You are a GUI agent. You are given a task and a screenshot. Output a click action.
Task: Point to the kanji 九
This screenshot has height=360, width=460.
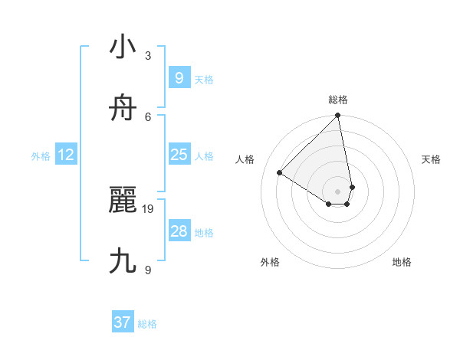(x=123, y=261)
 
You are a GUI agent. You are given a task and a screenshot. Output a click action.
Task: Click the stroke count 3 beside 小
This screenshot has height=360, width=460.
(x=148, y=56)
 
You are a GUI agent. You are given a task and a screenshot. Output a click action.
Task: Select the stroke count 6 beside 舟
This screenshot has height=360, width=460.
(x=148, y=116)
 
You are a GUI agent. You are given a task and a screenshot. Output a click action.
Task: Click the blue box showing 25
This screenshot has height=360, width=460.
(x=179, y=155)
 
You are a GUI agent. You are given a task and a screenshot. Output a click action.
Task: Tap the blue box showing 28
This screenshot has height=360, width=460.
(x=179, y=231)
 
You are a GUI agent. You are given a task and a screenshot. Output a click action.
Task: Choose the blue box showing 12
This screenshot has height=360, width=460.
(x=66, y=155)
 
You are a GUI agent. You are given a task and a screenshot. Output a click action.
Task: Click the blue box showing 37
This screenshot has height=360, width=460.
(x=122, y=322)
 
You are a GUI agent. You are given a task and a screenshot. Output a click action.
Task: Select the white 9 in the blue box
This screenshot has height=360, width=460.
(x=179, y=78)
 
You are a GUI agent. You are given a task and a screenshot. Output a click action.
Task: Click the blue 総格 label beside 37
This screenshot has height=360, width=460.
(x=147, y=324)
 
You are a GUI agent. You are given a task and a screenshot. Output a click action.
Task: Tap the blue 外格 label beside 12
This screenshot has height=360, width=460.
(x=41, y=156)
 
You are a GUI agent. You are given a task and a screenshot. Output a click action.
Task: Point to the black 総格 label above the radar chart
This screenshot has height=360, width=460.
(x=338, y=100)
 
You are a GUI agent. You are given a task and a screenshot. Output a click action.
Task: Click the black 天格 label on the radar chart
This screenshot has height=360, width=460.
(x=431, y=159)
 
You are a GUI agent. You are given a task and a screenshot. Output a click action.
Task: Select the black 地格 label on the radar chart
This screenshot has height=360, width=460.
(x=402, y=262)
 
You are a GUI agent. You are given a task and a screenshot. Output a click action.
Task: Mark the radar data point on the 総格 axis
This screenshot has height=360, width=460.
(x=337, y=116)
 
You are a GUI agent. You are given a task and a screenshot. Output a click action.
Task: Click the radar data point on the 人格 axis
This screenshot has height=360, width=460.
(x=280, y=172)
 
